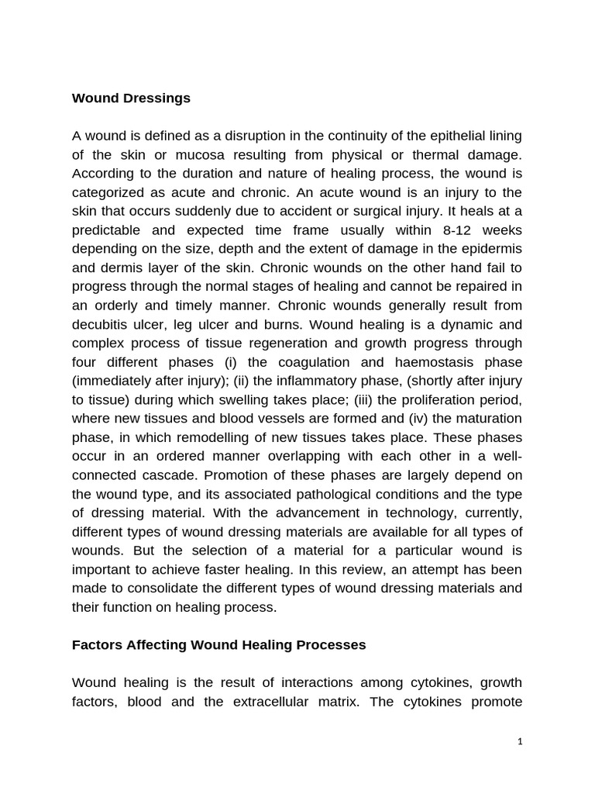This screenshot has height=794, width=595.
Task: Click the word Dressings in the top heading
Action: (x=154, y=98)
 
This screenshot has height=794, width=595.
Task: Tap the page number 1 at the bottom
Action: (x=520, y=741)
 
